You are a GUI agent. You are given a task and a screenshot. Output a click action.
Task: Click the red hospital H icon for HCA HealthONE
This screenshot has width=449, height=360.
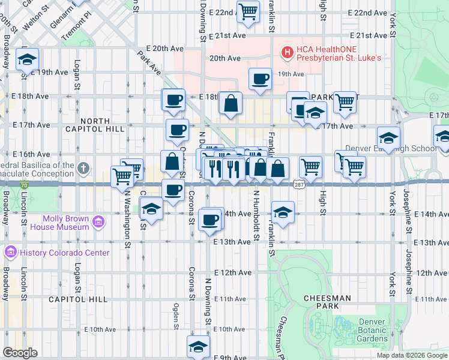click(x=287, y=53)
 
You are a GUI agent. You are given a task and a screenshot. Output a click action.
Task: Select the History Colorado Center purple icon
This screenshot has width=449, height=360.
click(x=10, y=252)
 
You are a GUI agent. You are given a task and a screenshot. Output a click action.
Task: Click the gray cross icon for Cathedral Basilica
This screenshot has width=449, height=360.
click(x=83, y=167)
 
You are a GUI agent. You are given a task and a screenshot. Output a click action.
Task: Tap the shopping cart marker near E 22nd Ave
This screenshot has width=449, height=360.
click(x=248, y=11)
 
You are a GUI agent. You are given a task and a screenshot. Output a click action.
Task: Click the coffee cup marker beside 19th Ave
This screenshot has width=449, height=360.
click(x=260, y=79)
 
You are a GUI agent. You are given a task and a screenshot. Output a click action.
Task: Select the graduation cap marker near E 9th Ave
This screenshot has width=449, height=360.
click(x=198, y=346)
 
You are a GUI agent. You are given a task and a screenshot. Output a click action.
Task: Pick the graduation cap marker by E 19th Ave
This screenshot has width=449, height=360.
click(x=27, y=59)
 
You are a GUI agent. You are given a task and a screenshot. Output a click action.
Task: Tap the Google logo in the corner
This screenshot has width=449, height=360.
click(x=20, y=353)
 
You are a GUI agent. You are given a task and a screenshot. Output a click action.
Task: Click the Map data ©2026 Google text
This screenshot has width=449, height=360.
click(x=412, y=355)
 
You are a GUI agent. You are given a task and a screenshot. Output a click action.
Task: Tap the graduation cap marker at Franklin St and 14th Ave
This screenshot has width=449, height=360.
click(x=283, y=211)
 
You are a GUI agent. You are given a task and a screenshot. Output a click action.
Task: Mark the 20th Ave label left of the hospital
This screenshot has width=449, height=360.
click(x=224, y=59)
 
